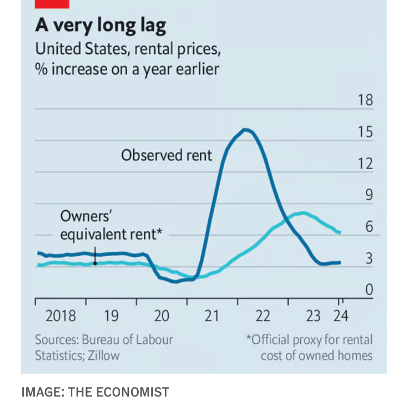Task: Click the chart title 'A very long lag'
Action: (101, 26)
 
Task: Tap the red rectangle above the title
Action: (52, 3)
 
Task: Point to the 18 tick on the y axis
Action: (365, 100)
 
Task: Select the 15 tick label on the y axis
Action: (365, 132)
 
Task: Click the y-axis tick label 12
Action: (365, 163)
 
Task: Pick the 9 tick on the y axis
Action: (368, 194)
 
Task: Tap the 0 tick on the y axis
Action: (368, 289)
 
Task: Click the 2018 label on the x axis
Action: (60, 316)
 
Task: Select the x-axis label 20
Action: (162, 316)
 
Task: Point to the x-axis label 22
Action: (263, 316)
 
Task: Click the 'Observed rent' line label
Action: (166, 155)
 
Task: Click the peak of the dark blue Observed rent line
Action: (245, 129)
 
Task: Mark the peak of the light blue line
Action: (303, 212)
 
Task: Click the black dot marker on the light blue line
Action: (95, 263)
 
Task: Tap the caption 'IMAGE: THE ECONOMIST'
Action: (95, 392)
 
